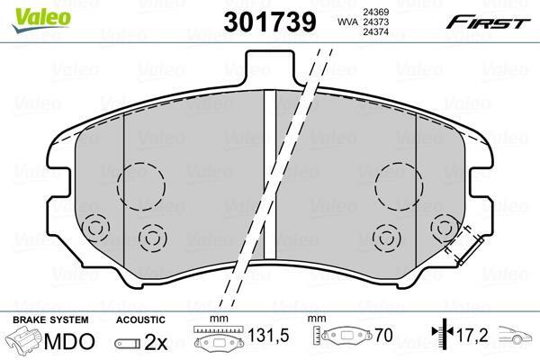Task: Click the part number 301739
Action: (x=270, y=22)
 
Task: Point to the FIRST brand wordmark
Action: (x=488, y=22)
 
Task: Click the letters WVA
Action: (x=346, y=22)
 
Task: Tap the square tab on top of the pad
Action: (x=270, y=68)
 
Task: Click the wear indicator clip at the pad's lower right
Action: (x=470, y=251)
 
